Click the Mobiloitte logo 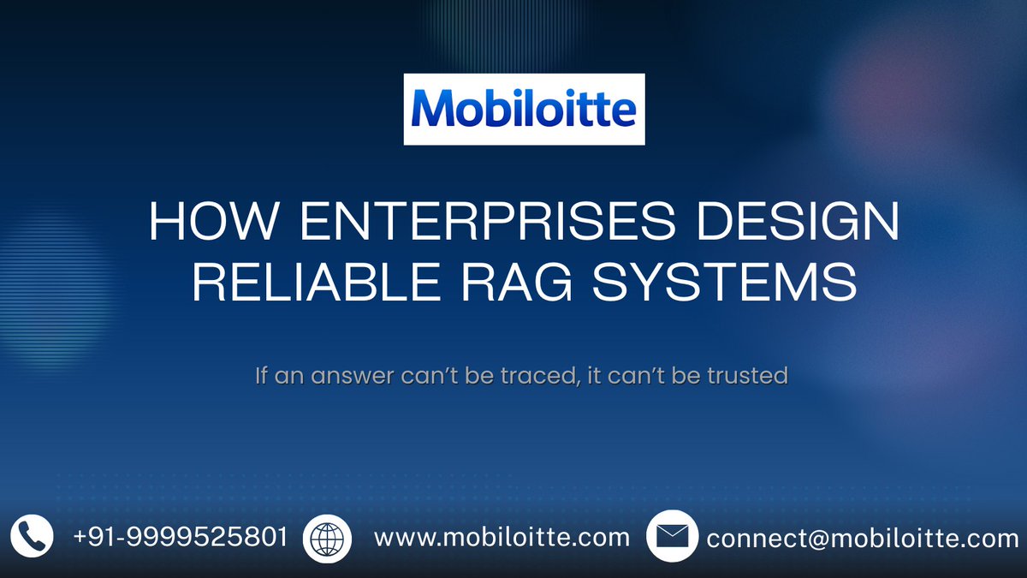point(524,109)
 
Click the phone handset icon point(32,537)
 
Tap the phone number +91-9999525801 point(180,538)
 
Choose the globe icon point(328,537)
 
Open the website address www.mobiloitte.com point(502,538)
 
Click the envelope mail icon point(672,537)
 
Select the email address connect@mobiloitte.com point(863,539)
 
